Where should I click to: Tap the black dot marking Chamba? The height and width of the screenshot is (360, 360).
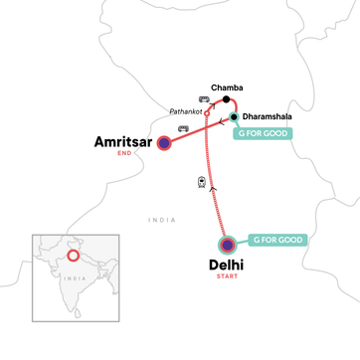point(228,99)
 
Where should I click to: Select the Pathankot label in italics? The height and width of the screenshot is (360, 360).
point(186,112)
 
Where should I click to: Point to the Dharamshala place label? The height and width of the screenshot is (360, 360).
point(269,116)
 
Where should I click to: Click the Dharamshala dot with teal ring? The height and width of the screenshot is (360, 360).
point(235,117)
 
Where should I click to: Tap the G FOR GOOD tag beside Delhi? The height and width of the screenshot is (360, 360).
point(278,240)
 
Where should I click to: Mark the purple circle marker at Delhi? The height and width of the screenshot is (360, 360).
point(229,244)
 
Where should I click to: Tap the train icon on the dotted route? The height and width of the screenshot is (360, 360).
point(202,182)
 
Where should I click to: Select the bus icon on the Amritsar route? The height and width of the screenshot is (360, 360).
point(182,128)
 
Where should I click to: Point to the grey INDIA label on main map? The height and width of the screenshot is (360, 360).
point(160,220)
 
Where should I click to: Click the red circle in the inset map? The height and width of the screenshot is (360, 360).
point(73,258)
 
